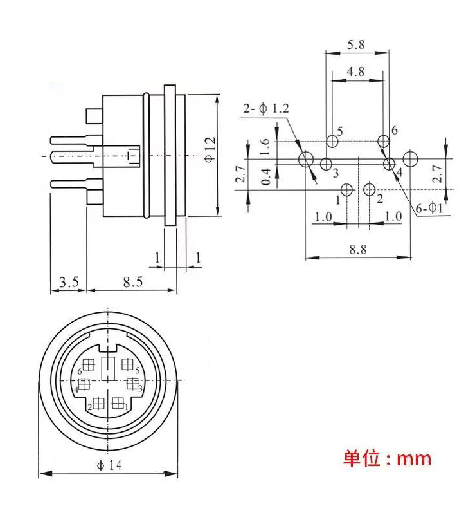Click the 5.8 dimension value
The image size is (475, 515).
(355, 45)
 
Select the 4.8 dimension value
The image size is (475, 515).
(355, 71)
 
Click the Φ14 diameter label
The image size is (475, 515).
(108, 466)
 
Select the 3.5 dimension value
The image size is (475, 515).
(69, 281)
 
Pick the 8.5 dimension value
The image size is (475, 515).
(132, 281)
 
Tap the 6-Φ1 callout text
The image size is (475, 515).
(428, 208)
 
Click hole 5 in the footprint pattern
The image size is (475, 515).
(332, 141)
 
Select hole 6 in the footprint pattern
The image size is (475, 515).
(383, 141)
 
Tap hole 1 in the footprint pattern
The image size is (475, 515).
(347, 189)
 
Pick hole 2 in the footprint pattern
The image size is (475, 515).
(369, 189)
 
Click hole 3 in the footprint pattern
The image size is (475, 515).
(326, 164)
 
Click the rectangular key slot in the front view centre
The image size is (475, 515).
(108, 366)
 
